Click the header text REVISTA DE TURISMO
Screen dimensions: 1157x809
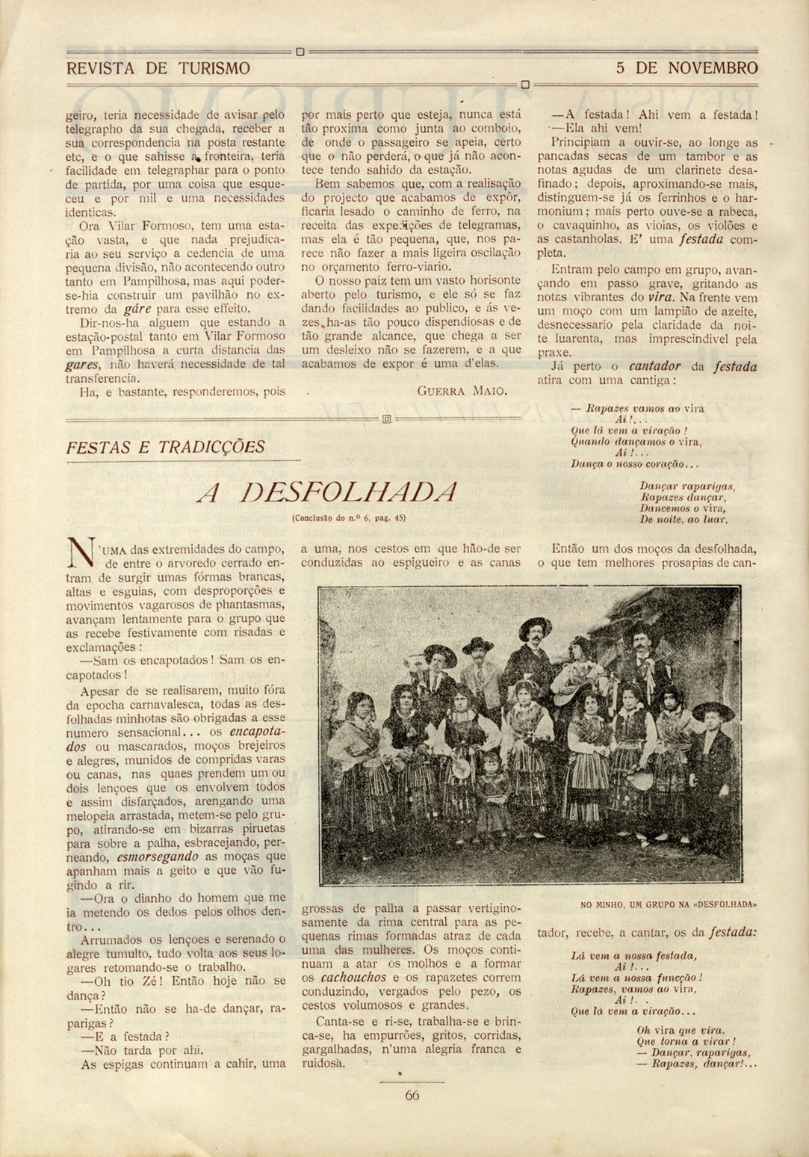158,69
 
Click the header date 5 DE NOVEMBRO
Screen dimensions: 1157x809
686,69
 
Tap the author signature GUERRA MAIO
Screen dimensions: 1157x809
462,391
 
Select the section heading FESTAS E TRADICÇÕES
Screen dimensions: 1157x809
165,447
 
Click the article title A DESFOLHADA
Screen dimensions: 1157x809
326,492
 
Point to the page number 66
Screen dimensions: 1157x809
412,1095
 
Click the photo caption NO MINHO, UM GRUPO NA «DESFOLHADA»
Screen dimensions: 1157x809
669,904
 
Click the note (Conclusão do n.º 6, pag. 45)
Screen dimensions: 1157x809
348,517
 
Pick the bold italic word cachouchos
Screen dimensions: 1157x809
353,977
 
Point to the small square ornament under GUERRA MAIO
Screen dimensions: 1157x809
387,420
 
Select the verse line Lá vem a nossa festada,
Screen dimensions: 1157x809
633,955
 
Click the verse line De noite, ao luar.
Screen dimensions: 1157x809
684,519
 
